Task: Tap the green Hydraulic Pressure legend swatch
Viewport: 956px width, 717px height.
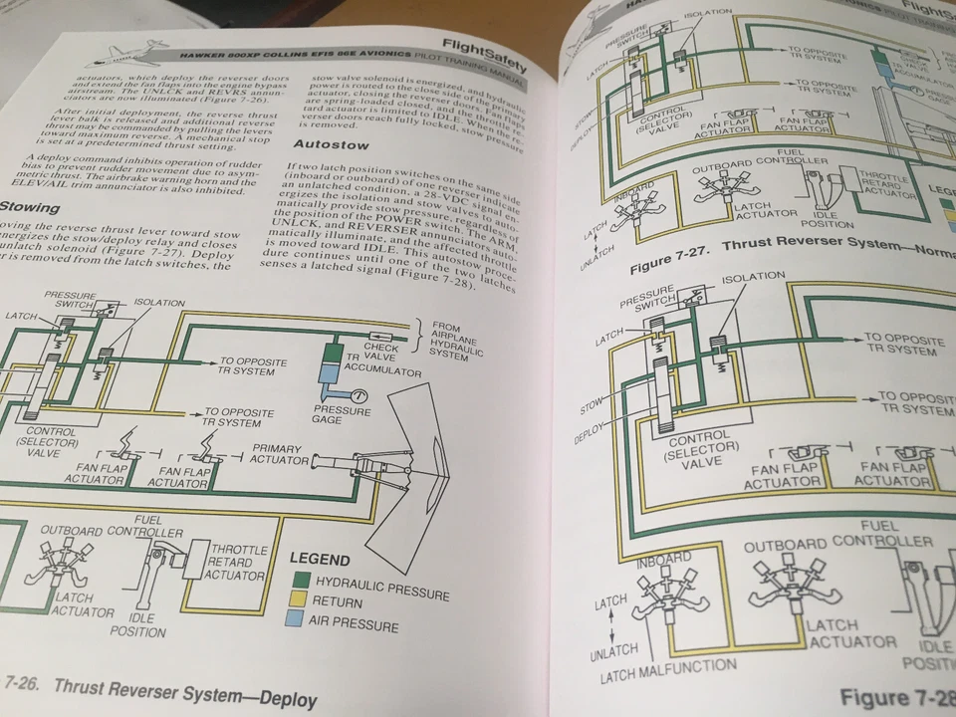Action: (300, 580)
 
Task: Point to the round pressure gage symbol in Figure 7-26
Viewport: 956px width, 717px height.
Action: (356, 393)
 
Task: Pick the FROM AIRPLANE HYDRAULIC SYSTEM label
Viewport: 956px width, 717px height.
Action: (461, 341)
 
